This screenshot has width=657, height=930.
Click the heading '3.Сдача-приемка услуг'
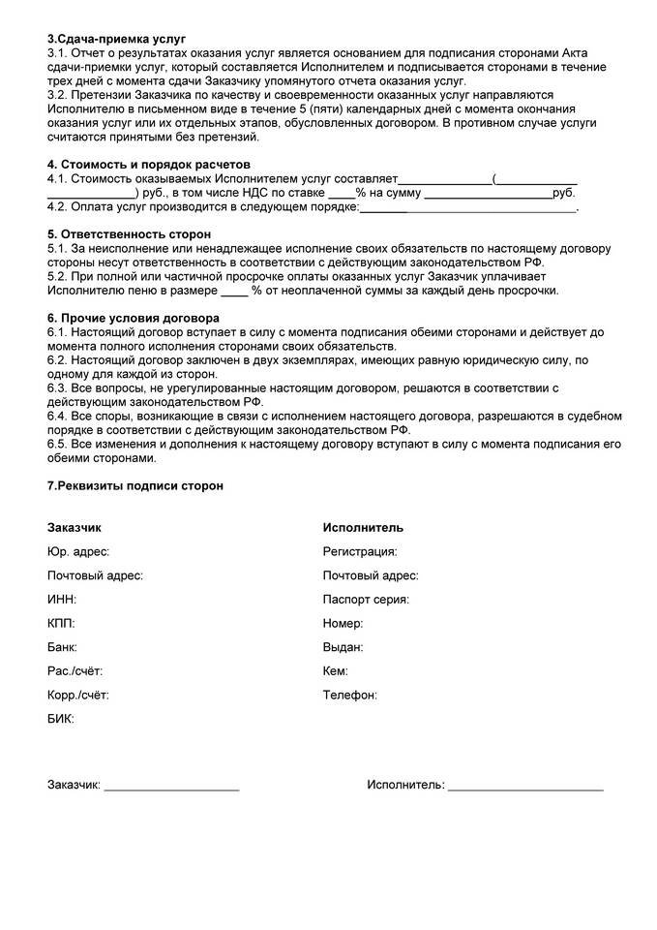[116, 38]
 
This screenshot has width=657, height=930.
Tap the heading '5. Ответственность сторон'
[129, 234]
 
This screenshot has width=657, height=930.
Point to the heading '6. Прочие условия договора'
[133, 318]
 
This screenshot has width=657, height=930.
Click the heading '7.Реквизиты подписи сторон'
[134, 485]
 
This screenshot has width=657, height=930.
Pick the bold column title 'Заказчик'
[74, 528]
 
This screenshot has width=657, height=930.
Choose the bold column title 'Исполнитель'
[363, 528]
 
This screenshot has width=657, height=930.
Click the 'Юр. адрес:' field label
[77, 551]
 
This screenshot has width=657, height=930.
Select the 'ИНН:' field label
[61, 599]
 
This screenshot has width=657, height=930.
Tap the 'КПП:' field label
[61, 623]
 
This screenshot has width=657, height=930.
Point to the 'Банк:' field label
[62, 646]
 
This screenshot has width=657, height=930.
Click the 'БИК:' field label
[60, 719]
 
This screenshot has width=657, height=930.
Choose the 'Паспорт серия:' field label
[366, 599]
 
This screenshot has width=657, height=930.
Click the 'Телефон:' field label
[349, 695]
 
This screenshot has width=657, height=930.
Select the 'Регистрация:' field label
[360, 551]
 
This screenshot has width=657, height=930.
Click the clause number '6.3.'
[59, 387]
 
